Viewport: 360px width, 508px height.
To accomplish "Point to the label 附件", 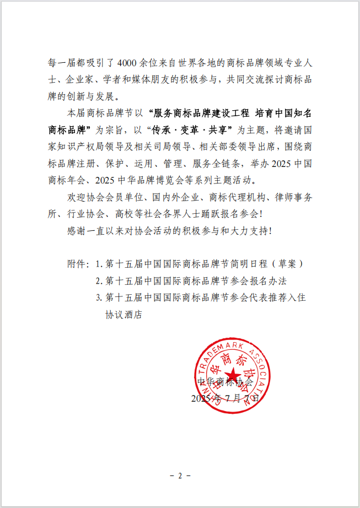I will pos(74,264).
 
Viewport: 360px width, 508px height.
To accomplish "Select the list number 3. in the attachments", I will pos(99,298).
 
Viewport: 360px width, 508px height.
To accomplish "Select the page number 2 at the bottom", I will pos(180,475).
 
